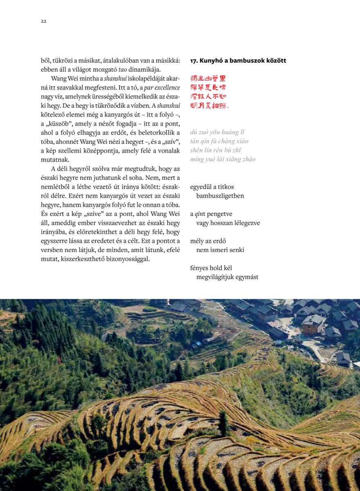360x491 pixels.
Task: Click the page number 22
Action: coord(43,21)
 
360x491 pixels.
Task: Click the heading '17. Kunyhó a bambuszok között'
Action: coord(238,61)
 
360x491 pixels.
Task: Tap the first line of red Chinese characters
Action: coord(208,78)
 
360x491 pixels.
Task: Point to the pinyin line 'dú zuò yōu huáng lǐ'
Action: coord(217,132)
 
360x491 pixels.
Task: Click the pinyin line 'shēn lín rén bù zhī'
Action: coord(215,150)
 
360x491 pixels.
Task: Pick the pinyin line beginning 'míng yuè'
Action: coord(223,159)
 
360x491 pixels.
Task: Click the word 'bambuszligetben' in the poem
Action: coord(220,196)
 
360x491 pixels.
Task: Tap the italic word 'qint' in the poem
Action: coord(200,214)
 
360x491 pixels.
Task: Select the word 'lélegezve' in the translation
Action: coord(246,223)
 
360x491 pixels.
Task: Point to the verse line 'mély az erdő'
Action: coord(208,241)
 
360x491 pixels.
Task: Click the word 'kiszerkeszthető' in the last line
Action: coord(86,259)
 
